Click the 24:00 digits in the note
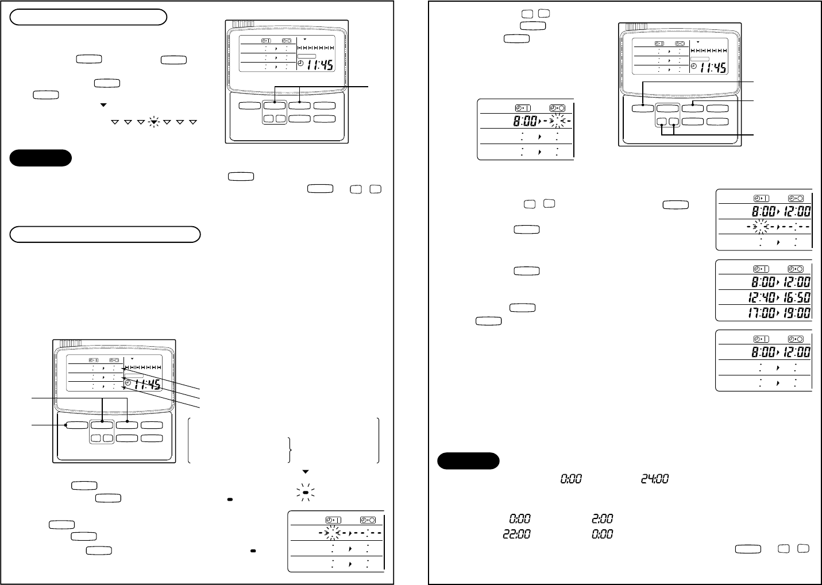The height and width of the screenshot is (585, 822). point(655,478)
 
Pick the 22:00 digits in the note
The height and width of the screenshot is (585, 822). point(517,534)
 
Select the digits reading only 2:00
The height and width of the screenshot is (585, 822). point(601,519)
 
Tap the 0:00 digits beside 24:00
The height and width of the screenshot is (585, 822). point(570,478)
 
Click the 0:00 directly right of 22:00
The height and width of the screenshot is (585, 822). point(601,534)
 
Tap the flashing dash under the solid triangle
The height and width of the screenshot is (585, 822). point(306,492)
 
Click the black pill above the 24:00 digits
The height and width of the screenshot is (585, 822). point(468,460)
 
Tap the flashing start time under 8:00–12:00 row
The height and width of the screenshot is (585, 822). point(759,227)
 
